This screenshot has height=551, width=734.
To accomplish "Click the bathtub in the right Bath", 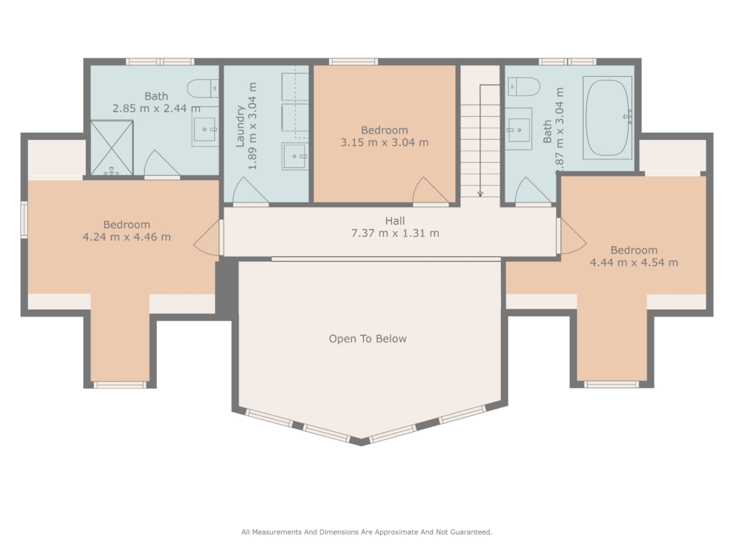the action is [607, 118].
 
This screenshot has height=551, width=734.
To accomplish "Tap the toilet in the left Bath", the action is [203, 88].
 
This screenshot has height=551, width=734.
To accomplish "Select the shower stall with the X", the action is [111, 148].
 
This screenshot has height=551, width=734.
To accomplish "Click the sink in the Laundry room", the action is [295, 156].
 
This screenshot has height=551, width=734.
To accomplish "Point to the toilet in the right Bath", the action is [524, 87].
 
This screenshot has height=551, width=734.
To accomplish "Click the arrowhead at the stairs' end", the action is [480, 194].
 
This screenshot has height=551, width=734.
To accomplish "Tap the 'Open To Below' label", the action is [368, 339].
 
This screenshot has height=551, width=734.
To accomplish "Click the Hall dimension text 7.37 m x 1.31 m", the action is [395, 233].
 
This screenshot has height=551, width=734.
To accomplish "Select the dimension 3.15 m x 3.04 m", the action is [384, 143].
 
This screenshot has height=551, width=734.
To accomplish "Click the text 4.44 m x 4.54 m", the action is [634, 263].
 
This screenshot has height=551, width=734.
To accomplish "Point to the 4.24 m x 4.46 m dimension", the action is [126, 237].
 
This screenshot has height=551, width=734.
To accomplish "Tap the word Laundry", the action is [240, 126].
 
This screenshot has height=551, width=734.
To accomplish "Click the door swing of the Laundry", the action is [250, 192].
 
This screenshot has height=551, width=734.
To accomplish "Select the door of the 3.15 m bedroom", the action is [431, 191].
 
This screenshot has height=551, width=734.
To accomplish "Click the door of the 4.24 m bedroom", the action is [208, 237].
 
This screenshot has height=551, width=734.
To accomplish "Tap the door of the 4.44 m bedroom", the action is [571, 237].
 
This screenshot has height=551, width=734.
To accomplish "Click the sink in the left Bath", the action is [205, 129].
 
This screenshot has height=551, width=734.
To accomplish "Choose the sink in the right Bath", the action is [519, 130].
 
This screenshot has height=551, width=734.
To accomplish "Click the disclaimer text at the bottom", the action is [366, 532].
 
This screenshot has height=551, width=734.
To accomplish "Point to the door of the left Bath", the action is [162, 164].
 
